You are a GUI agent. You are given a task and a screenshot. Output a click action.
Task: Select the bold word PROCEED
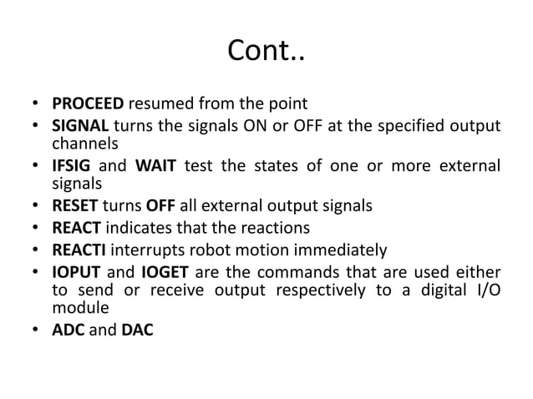tap(89, 105)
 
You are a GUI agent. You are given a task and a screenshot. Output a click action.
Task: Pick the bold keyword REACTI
tap(81, 250)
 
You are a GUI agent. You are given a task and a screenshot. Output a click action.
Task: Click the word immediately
tap(337, 250)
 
